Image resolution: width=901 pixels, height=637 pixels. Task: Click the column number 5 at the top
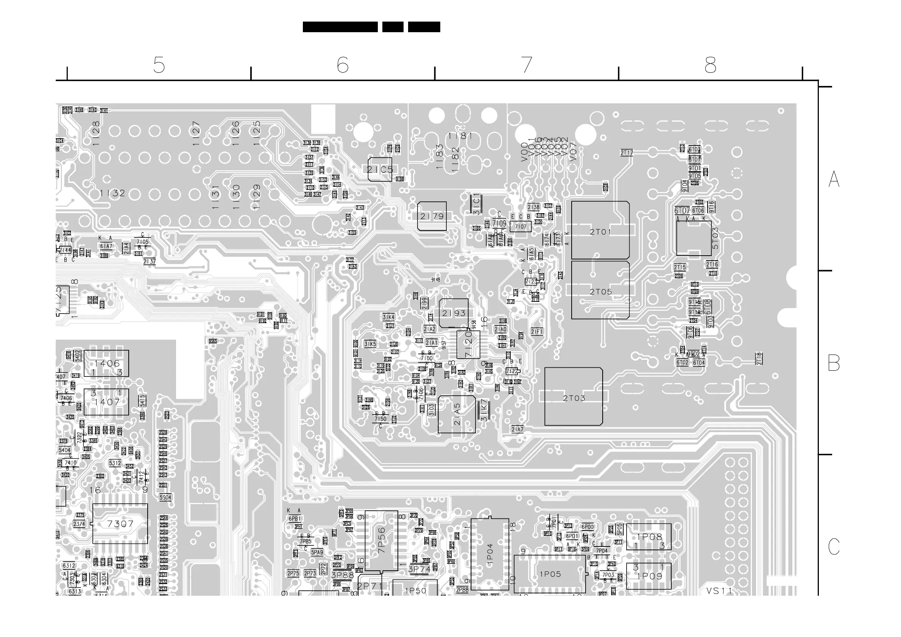click(159, 65)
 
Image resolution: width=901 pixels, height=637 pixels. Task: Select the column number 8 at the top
click(710, 65)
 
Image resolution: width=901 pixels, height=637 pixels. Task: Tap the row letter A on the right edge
click(834, 180)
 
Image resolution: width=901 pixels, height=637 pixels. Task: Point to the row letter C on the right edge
click(834, 546)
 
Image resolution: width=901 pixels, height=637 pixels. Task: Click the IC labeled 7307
click(120, 523)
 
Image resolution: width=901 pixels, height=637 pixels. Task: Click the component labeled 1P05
click(550, 574)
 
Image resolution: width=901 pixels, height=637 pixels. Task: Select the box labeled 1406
click(106, 364)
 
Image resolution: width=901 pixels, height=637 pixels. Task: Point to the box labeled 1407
click(106, 402)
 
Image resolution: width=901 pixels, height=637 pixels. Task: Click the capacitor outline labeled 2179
click(432, 216)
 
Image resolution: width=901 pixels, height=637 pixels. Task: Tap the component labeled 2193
click(454, 313)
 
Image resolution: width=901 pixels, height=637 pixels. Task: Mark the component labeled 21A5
click(457, 414)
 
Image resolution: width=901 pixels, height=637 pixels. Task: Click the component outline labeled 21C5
click(380, 170)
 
